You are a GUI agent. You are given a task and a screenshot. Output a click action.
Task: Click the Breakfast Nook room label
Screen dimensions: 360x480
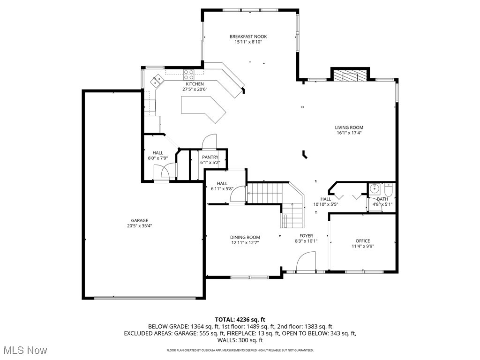click(248, 37)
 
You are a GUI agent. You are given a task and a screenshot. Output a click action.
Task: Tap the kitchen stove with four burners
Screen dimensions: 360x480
click(189, 74)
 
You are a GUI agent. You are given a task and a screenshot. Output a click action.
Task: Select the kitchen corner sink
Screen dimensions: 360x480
click(157, 80)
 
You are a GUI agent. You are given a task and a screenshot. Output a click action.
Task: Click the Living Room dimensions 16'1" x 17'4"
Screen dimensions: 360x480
click(349, 133)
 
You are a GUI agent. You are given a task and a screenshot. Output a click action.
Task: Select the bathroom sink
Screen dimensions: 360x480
click(375, 189)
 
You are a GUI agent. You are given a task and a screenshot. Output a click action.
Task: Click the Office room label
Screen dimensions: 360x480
click(362, 241)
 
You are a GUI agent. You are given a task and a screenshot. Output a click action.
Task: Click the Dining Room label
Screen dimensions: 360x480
click(245, 237)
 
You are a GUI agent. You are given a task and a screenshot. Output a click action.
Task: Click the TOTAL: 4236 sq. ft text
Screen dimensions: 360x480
click(240, 320)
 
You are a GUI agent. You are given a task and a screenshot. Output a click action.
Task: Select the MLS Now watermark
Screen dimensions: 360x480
click(24, 350)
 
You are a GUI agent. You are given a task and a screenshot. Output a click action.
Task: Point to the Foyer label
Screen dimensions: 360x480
click(307, 236)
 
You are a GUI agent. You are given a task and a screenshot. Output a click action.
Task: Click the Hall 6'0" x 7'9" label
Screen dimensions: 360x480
click(158, 155)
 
